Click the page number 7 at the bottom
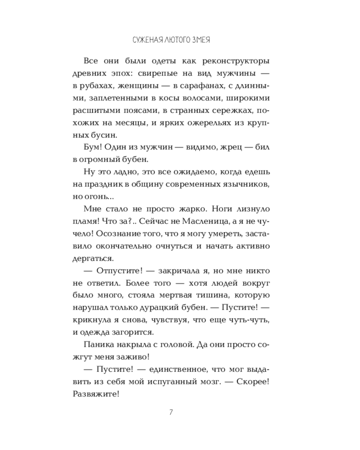(171, 412)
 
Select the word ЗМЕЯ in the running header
(202, 40)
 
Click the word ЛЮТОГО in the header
(175, 40)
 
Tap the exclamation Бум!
(93, 147)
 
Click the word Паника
(97, 345)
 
